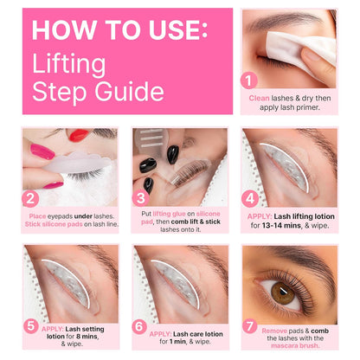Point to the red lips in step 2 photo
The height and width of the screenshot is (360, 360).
click(80, 135)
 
